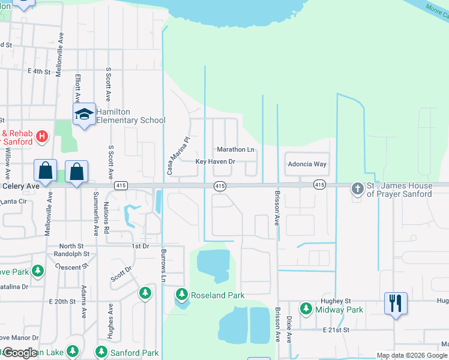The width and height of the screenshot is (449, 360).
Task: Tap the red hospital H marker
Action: [41, 137]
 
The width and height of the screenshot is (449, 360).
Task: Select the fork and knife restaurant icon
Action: [396, 303]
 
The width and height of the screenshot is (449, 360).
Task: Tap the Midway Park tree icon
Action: [306, 309]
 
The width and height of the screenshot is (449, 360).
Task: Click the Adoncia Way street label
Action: [307, 164]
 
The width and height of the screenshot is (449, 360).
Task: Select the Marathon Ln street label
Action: [235, 149]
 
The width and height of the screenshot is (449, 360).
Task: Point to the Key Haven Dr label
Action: [215, 162]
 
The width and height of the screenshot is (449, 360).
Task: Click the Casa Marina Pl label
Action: [178, 155]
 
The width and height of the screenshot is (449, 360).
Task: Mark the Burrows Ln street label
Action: [163, 266]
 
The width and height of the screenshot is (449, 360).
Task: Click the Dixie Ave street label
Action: [289, 329]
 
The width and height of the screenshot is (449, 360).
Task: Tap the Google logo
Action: [19, 353]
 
